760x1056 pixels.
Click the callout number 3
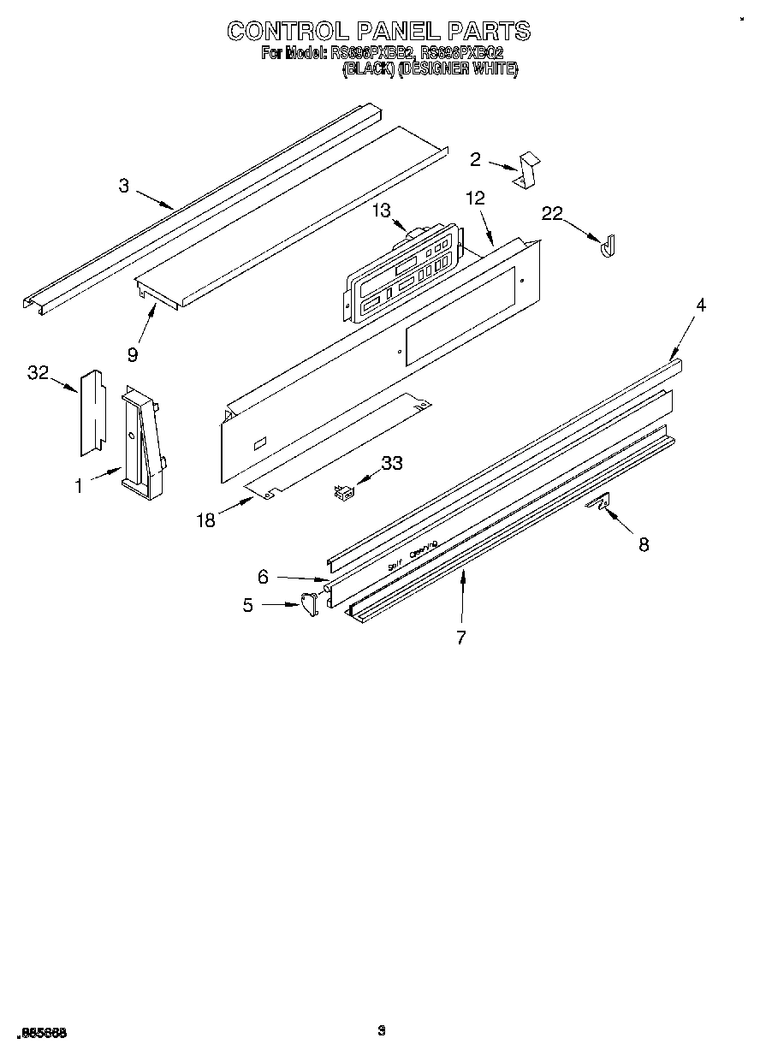click(124, 186)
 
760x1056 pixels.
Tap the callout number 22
click(552, 214)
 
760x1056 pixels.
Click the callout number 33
click(391, 463)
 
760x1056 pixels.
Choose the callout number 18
click(205, 519)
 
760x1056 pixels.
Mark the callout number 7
click(461, 637)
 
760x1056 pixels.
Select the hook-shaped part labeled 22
click(609, 246)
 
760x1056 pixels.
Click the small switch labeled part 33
click(344, 492)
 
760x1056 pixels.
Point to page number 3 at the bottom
click(382, 1031)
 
